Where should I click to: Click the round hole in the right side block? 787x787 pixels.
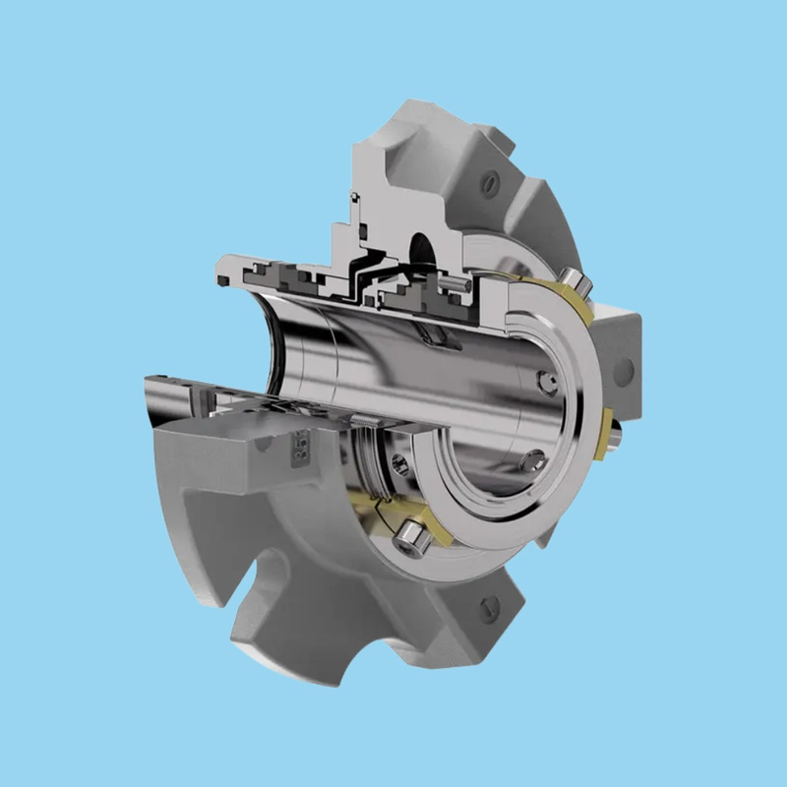623,368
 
